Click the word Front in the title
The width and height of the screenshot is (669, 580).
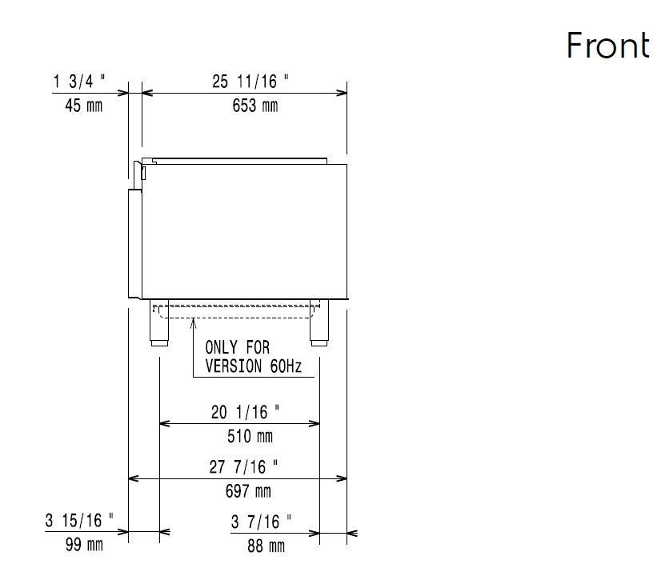608,45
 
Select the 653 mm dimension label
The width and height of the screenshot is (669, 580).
255,106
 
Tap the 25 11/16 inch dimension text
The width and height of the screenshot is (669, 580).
250,81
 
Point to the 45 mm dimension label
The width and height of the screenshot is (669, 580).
83,106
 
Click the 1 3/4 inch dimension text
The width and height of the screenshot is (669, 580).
79,81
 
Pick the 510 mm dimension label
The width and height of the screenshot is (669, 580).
250,436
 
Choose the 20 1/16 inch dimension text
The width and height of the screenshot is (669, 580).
246,412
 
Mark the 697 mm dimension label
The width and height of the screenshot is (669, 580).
248,491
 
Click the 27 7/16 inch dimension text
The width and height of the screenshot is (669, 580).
243,466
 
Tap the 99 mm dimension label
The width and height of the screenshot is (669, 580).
84,545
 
